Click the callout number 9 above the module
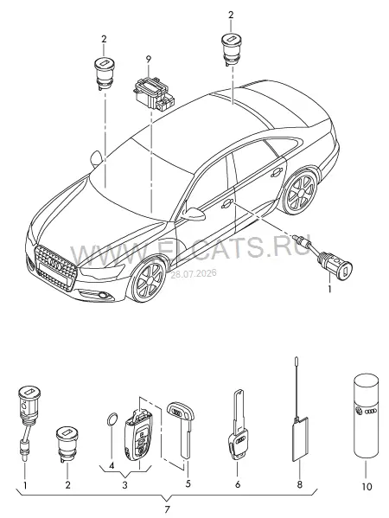pos(149,60)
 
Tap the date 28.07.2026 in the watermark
pos(193,274)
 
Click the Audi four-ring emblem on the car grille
pos(54,261)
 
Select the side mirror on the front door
pos(193,214)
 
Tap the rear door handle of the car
pos(276,172)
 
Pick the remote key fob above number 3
pos(137,432)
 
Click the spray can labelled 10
pos(367,415)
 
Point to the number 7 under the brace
pos(167,508)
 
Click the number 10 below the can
pos(367,486)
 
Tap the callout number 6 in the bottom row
pos(238,484)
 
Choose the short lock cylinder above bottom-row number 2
pos(67,444)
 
